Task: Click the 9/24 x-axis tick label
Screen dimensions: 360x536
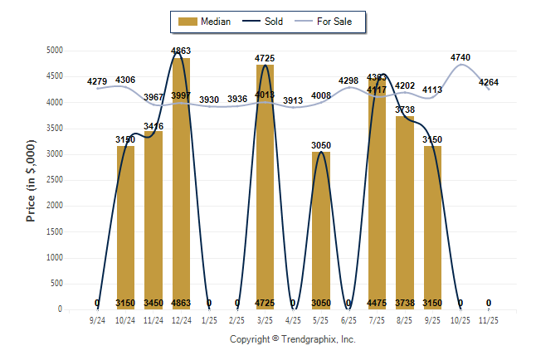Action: (x=97, y=319)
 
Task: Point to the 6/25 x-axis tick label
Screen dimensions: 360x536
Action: (x=348, y=319)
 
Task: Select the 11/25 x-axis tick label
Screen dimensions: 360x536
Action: (x=489, y=319)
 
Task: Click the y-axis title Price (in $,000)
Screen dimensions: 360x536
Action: (x=31, y=179)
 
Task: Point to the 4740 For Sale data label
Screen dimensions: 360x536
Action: (x=460, y=57)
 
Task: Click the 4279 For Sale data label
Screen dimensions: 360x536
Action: (x=97, y=81)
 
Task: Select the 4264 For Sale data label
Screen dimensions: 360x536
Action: (x=489, y=81)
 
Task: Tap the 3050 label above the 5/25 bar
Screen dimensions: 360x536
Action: (x=321, y=145)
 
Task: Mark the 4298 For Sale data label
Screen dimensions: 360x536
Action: (x=349, y=80)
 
